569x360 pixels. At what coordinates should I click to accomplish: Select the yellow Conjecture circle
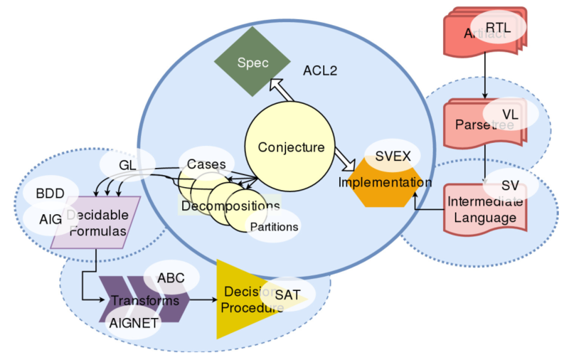point(290,148)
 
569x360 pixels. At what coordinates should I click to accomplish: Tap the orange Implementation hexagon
point(385,183)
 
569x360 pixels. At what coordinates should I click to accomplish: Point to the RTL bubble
point(497,27)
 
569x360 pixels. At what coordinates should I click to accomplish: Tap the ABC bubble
point(171,277)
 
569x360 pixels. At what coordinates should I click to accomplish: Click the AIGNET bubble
point(134,322)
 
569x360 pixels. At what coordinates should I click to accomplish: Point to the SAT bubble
point(287,294)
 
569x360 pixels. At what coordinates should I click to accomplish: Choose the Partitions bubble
point(272,227)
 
